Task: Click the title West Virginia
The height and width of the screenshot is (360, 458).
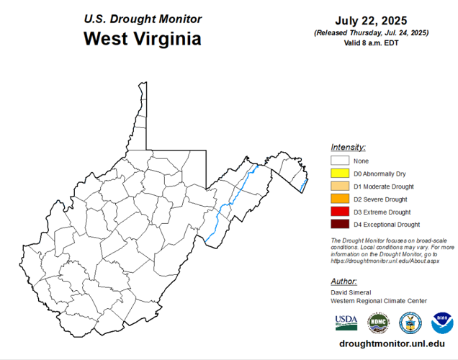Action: tap(142, 38)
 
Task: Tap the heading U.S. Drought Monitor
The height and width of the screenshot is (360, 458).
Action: tap(142, 19)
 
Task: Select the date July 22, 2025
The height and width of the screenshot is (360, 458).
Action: tap(372, 20)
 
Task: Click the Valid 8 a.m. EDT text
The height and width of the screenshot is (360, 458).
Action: tap(372, 43)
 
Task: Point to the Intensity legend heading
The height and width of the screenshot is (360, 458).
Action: tap(349, 147)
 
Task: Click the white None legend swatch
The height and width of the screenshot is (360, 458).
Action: tap(340, 161)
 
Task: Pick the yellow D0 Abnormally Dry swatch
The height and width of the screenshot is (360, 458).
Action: tap(340, 174)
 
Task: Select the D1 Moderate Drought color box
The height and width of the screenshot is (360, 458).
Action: tap(340, 186)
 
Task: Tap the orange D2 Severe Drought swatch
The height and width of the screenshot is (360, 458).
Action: tap(340, 199)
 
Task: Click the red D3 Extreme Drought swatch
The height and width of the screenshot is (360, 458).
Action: tap(340, 212)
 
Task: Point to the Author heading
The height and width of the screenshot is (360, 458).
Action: tap(344, 282)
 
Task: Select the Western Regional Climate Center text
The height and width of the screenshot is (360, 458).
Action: tap(379, 301)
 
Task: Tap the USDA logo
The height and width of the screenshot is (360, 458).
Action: tap(346, 322)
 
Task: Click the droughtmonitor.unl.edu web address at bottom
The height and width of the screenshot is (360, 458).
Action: tap(391, 344)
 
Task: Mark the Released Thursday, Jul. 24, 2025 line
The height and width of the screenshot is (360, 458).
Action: tap(372, 33)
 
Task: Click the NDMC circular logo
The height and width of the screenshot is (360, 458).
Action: tap(378, 322)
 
